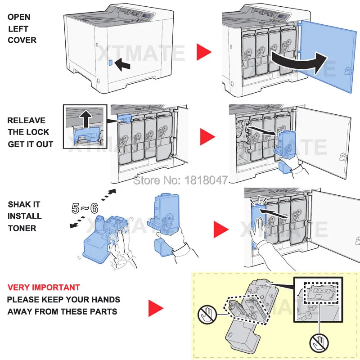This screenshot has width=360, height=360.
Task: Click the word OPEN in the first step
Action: click(19, 17)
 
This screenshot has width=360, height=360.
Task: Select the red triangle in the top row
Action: click(203, 53)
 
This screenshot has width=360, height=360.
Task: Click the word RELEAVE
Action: click(26, 121)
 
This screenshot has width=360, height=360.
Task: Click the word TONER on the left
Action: click(22, 228)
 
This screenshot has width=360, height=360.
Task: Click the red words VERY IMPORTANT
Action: click(44, 288)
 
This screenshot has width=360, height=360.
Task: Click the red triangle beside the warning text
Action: click(155, 308)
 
